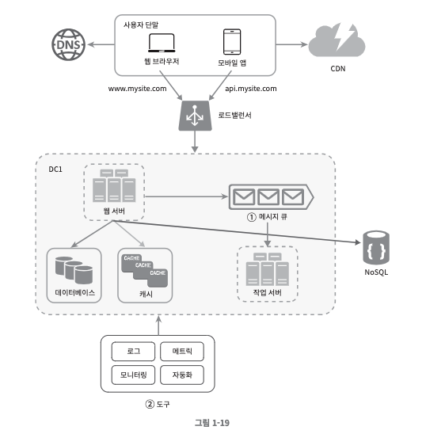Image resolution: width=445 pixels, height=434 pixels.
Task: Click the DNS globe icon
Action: (68, 44)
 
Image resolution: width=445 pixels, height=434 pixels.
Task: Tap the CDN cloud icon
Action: (337, 40)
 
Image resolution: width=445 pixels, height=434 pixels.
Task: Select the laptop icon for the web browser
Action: (162, 43)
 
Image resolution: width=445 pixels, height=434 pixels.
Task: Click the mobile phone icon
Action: (232, 42)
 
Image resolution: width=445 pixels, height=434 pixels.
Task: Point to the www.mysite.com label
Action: (137, 89)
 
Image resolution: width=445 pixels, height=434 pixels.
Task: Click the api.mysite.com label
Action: (250, 89)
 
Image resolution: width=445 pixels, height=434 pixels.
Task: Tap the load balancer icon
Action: (195, 116)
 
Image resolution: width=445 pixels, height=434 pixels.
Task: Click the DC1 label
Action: (55, 169)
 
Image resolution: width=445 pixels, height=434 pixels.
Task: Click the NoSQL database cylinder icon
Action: (376, 247)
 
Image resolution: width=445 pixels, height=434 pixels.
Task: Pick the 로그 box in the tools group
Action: (133, 352)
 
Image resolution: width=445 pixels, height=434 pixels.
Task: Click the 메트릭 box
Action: (182, 352)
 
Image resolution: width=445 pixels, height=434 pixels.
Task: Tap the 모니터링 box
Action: (133, 375)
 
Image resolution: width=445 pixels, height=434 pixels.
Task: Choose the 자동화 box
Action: (182, 375)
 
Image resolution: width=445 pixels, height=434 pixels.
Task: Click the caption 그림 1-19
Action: (212, 423)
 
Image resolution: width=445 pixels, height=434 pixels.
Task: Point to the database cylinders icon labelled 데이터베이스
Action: (74, 270)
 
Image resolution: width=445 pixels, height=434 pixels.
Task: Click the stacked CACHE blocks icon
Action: (144, 271)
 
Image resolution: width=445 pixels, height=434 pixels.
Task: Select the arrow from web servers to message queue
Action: (186, 196)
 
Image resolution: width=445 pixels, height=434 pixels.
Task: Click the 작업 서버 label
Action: (268, 293)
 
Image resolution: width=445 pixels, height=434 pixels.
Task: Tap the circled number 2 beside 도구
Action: (150, 404)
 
